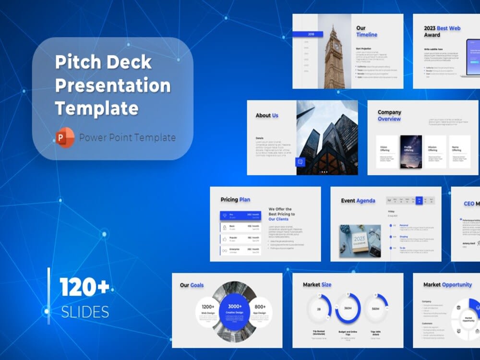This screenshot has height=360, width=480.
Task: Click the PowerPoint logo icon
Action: click(65, 138)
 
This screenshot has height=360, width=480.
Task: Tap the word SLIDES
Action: click(85, 312)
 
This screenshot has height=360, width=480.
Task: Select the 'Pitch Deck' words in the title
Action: click(103, 62)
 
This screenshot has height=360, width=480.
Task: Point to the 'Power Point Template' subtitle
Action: click(127, 138)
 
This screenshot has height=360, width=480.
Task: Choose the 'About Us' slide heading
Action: click(267, 115)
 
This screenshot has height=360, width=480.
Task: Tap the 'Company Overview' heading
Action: click(389, 116)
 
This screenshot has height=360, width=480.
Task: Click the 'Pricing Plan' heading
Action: click(235, 200)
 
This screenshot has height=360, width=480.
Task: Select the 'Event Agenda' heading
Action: click(358, 201)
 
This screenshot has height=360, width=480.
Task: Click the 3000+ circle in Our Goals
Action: click(235, 310)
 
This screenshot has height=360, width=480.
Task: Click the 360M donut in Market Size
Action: click(348, 308)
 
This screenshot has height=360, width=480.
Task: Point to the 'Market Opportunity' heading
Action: click(447, 285)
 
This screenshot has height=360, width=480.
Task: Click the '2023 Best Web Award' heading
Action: click(442, 31)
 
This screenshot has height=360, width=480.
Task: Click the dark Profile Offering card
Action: click(411, 151)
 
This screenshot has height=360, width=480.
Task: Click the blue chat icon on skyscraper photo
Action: click(301, 162)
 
